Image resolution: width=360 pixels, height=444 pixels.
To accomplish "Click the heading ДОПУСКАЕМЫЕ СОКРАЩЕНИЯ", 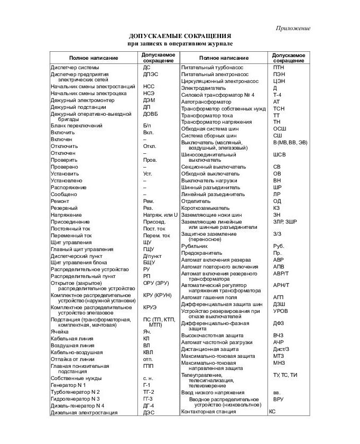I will [x=180, y=35].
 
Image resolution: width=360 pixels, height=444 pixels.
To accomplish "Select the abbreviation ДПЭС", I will [x=150, y=75].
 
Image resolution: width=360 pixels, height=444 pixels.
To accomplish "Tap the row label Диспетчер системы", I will [x=75, y=68].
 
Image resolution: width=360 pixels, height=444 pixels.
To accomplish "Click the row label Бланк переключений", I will [x=77, y=126].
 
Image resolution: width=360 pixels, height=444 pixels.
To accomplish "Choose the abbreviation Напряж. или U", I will [x=160, y=215].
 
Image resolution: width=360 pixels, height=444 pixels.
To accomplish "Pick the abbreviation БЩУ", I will [x=149, y=262].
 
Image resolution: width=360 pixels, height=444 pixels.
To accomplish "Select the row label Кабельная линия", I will [x=72, y=338].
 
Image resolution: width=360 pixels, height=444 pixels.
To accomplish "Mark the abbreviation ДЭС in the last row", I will [x=149, y=412].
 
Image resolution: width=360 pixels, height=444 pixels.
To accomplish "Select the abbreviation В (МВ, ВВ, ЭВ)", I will [x=290, y=142].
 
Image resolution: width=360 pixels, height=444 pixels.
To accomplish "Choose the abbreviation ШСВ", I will [x=279, y=155].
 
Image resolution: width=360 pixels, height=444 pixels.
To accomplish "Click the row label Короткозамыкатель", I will [x=209, y=208].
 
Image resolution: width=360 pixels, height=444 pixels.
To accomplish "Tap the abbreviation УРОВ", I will [x=281, y=311].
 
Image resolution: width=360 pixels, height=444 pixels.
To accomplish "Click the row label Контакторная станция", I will [x=208, y=411].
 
